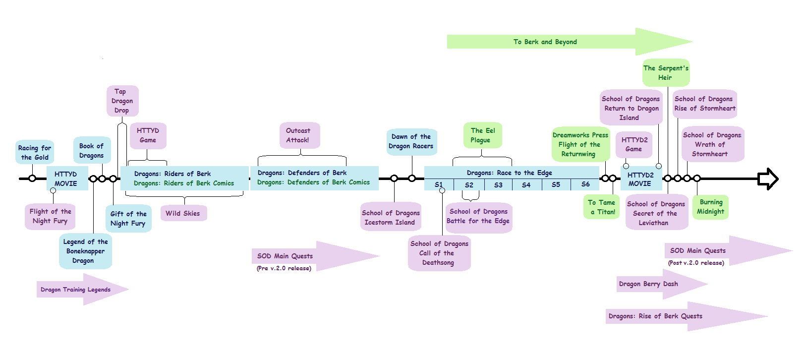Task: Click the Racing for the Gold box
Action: (34, 152)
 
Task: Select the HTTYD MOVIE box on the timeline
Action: (66, 179)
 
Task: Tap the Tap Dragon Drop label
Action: (122, 101)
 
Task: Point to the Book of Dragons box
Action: (92, 150)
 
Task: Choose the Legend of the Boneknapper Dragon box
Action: (85, 251)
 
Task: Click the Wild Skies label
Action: (183, 213)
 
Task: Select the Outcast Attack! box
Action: (298, 135)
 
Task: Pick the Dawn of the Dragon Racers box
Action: (411, 141)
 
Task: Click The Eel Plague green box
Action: (483, 135)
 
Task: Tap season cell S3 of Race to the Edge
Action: (498, 185)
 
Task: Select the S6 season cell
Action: (585, 184)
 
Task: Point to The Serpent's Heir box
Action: (666, 73)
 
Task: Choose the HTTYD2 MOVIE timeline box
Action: (641, 179)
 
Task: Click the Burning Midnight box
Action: (711, 207)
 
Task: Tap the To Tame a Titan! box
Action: (602, 207)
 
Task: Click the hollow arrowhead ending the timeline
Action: (768, 179)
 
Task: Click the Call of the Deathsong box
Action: (439, 253)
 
